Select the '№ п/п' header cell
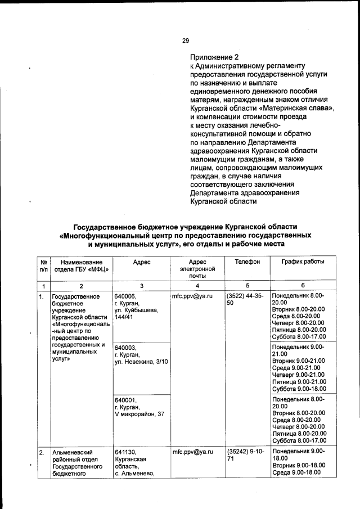pos(43,265)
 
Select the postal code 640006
pos(125,296)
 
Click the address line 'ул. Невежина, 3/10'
pos(141,362)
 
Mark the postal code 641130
pos(125,452)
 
